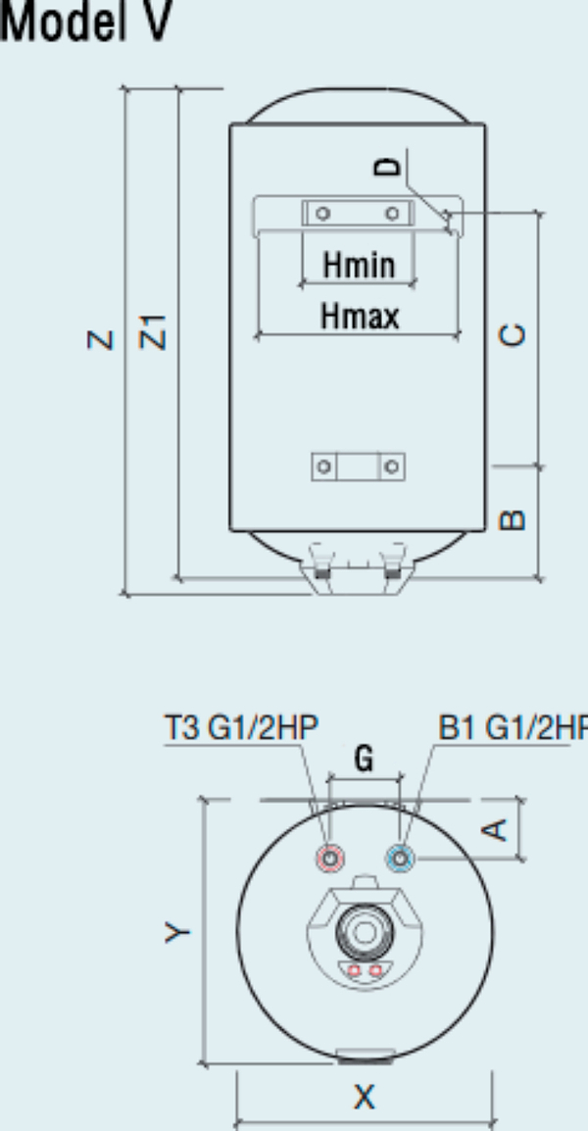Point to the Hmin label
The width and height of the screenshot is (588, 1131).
pos(359,265)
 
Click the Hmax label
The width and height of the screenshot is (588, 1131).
pos(359,317)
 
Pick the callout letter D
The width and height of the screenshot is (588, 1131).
pos(390,168)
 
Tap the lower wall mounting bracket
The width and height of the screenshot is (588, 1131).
pos(358,467)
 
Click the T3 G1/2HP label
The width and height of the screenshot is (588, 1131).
pos(239,728)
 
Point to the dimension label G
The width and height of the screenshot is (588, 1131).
pos(364,759)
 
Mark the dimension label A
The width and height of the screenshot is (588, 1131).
pos(498,829)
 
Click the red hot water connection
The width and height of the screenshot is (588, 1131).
pos(331,860)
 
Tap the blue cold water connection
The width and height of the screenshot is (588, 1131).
pos(401,860)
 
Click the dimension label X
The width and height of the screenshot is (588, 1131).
pos(364,1097)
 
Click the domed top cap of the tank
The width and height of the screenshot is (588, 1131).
pos(357,107)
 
